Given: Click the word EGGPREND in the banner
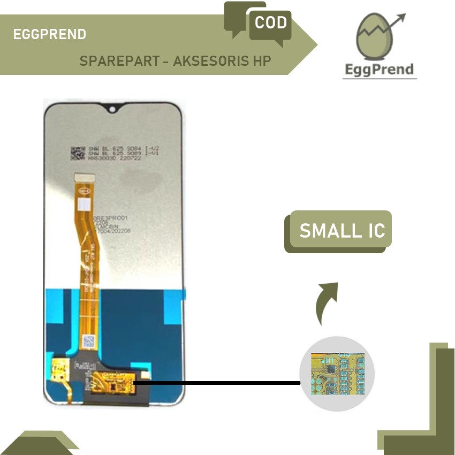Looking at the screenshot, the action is click(x=49, y=35).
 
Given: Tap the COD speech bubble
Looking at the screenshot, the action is click(x=270, y=24).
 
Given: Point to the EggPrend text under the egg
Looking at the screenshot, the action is click(x=379, y=69).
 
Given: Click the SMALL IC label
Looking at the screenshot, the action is click(x=342, y=230).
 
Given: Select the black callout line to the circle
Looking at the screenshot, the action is click(x=217, y=383).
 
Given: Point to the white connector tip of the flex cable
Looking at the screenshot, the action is click(x=82, y=176).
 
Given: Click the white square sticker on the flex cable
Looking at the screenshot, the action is click(x=84, y=205).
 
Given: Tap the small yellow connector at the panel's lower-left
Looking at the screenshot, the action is click(x=57, y=369).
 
